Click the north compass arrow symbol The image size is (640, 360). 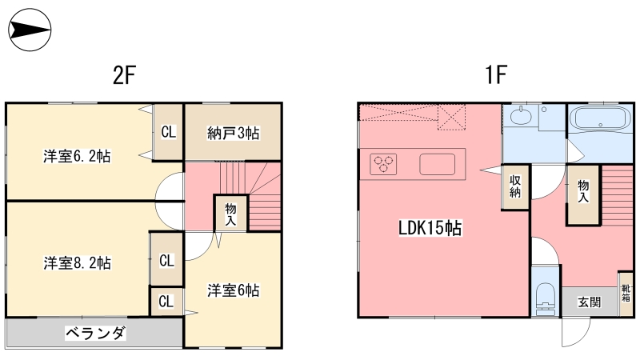point(30,30)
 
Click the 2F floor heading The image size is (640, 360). point(124,75)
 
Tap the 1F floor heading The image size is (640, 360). point(495,74)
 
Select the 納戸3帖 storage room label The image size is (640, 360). point(233,133)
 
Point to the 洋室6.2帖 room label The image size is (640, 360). point(77,156)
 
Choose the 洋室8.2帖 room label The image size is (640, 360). point(77,263)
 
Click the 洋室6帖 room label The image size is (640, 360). point(233,290)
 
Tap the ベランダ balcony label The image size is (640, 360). point(95,334)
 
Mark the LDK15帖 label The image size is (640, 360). point(430,228)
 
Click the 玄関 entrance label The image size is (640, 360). point(590,302)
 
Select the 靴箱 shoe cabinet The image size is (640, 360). point(626,294)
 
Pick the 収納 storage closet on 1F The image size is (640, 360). point(515,187)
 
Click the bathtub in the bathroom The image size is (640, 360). point(599,118)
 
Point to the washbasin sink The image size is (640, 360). point(521,116)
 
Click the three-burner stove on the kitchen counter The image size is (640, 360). point(383,164)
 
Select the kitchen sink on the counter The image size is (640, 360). point(437,164)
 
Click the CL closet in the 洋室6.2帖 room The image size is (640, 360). point(168,132)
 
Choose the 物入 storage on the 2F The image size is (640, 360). point(230,214)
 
